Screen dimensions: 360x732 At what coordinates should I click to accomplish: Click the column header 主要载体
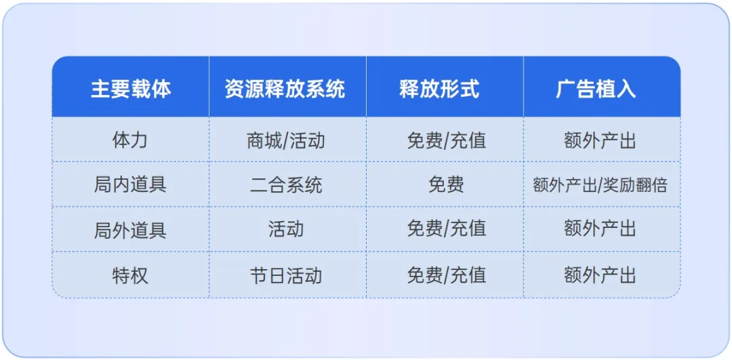130,89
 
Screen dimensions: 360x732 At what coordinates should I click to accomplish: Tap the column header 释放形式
445,89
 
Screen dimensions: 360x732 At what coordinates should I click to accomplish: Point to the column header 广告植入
601,89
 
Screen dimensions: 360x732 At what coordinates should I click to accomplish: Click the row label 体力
130,140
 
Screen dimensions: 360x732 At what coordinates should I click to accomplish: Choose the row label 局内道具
130,185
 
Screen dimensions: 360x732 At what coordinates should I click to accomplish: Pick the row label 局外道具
130,230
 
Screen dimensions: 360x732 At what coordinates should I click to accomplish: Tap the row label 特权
130,275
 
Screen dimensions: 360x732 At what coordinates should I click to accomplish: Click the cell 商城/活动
286,140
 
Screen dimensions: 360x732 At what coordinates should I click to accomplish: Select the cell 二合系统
286,185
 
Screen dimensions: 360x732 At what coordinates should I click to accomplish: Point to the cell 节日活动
286,275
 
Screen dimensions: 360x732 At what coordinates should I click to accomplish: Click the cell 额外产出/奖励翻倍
601,185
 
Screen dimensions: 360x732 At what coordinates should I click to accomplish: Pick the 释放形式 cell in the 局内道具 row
445,185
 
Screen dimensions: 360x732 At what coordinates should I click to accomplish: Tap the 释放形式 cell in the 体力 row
445,140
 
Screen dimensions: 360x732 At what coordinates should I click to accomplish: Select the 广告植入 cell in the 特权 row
601,275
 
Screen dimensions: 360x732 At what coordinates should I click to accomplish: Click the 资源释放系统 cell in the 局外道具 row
286,230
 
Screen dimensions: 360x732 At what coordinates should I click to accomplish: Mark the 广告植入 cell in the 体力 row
601,140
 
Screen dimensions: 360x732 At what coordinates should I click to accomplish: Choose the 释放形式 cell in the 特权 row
445,275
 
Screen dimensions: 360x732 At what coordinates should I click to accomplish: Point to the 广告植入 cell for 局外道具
601,230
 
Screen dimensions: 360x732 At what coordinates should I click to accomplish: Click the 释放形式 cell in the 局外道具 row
445,230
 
